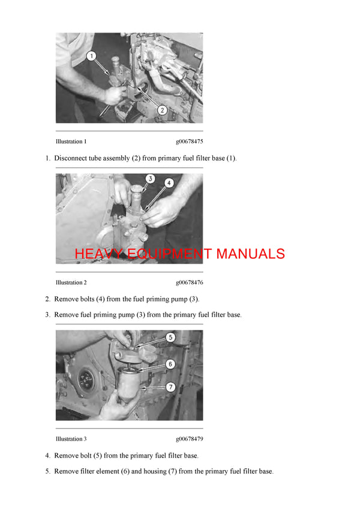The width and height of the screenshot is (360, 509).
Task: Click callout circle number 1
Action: [x=91, y=56]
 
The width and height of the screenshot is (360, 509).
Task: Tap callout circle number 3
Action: [x=151, y=179]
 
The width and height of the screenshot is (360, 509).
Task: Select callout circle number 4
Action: [x=170, y=183]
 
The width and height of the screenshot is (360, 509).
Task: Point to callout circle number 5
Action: [x=170, y=338]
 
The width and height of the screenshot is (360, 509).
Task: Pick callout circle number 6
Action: [x=170, y=364]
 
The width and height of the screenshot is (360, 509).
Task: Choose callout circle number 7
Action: [x=170, y=387]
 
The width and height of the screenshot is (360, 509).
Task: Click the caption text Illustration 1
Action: [x=71, y=142]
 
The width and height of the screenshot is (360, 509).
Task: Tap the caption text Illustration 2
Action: [x=71, y=282]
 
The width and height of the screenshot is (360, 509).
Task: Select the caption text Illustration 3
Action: [x=71, y=439]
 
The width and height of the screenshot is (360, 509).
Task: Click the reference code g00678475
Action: [x=189, y=142]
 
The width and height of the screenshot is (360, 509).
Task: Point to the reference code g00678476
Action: [x=189, y=282]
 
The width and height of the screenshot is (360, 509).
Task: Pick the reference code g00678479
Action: [x=189, y=439]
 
